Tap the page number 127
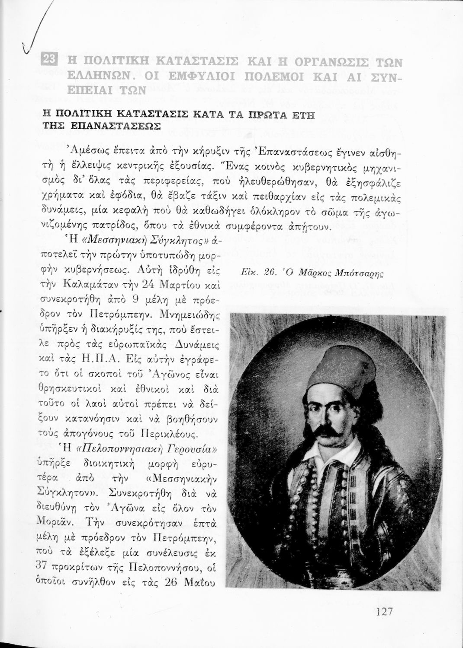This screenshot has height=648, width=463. point(383,612)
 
